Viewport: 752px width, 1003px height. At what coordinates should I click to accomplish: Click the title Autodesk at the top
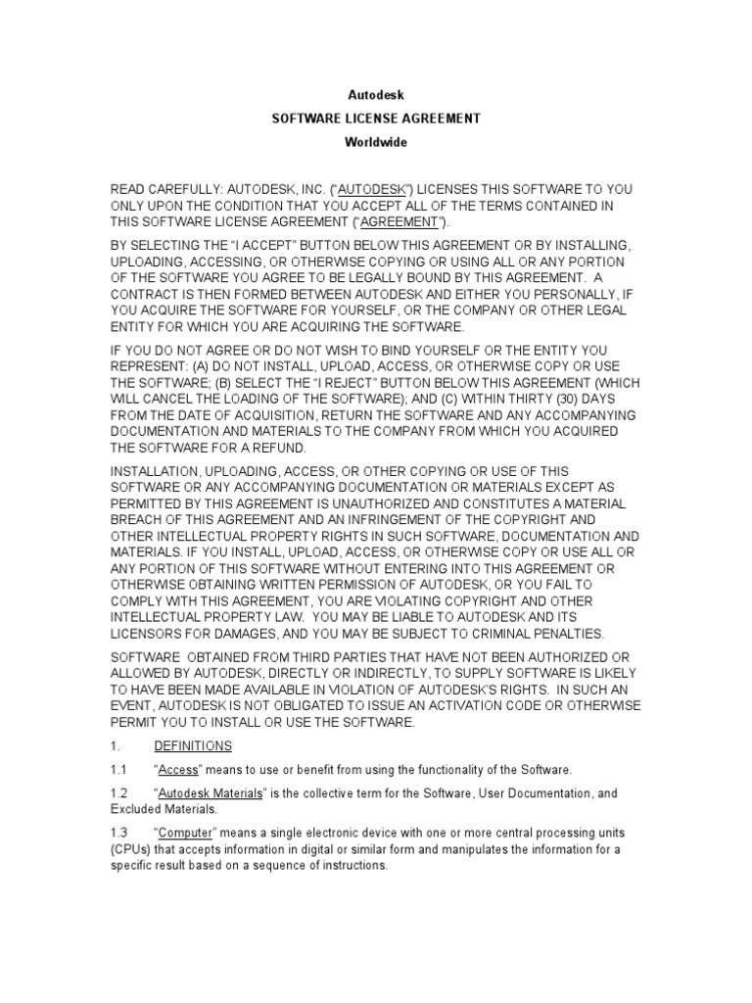pyautogui.click(x=376, y=95)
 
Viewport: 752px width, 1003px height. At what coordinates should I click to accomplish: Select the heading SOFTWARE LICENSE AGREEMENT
pyautogui.click(x=376, y=119)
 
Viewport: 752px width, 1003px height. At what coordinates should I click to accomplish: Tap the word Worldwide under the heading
pyautogui.click(x=376, y=142)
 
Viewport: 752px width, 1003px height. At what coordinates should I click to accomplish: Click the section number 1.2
pyautogui.click(x=119, y=793)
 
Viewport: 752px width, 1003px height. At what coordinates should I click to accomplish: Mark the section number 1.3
pyautogui.click(x=119, y=833)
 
